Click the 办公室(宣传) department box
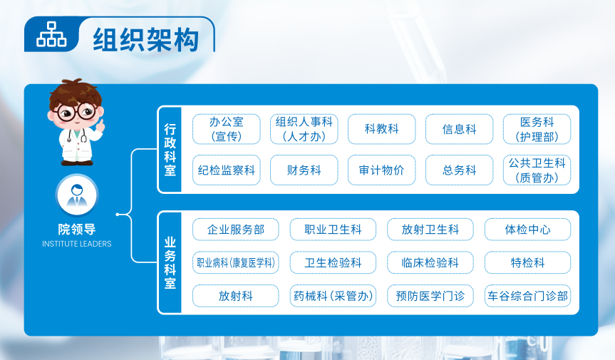point(227,129)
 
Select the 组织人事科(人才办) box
point(304,129)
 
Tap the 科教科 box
point(382,129)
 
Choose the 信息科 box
point(459,129)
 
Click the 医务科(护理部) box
point(537,129)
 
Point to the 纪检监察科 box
point(227,170)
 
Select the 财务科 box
point(304,170)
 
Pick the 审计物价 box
point(382,170)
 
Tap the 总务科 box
point(459,170)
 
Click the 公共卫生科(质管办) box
point(537,170)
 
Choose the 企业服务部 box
point(236,230)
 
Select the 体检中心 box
point(527,230)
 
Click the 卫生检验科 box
point(333,262)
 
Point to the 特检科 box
point(527,262)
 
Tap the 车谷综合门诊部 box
point(527,296)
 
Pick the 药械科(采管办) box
point(333,296)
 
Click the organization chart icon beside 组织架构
point(51,34)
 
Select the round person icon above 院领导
point(77,195)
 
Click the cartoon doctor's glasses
point(76,112)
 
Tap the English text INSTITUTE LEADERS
point(77,244)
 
